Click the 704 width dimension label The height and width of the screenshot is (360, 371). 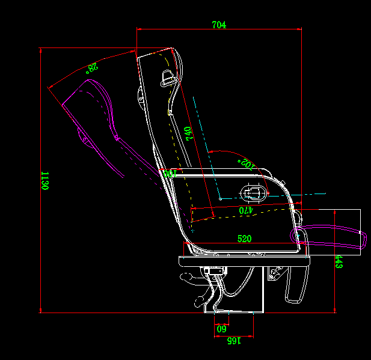pos(219,25)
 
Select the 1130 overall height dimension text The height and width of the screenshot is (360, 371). pos(44,181)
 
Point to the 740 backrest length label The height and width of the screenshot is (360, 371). pos(188,133)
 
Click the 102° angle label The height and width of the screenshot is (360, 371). pos(247,163)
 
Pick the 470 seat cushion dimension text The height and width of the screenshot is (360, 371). pos(245,211)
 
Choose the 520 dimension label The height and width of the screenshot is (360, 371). pos(244,239)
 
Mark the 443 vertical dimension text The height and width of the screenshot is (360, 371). pos(339,261)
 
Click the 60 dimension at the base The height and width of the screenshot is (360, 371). pos(221,329)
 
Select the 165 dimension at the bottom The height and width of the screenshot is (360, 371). pos(233,341)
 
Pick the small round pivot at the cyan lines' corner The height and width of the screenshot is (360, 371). pos(221,197)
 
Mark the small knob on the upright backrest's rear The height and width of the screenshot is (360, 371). pos(140,94)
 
